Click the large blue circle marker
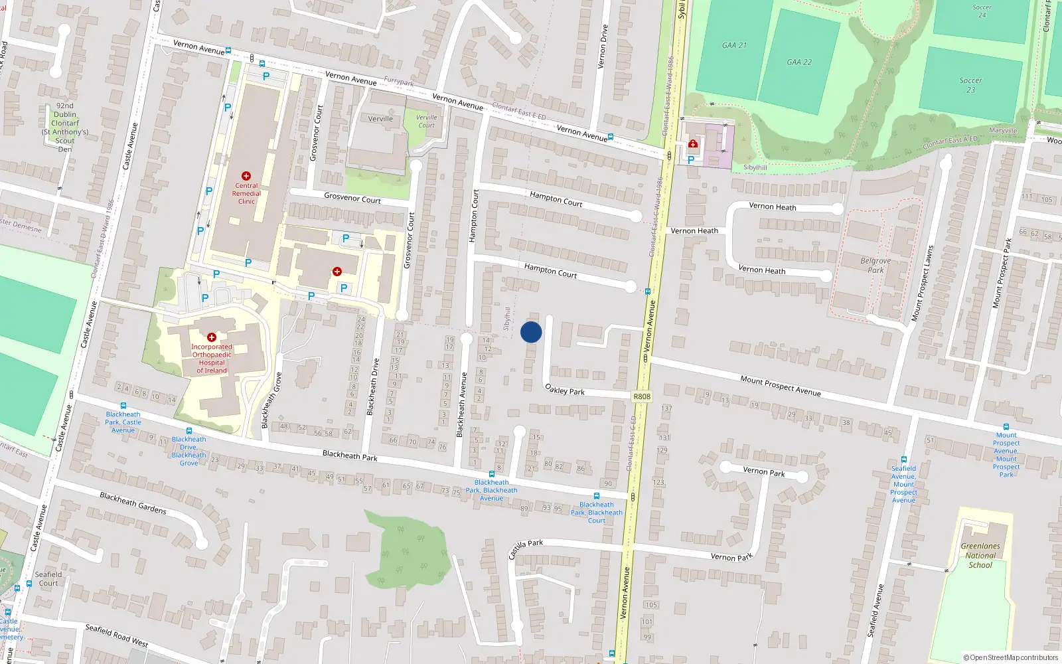tap(531, 332)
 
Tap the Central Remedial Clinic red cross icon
tap(246, 176)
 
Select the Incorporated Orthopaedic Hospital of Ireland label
tap(212, 359)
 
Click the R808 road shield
tap(642, 396)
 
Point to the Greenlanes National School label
tap(980, 556)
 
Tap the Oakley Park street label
tap(565, 390)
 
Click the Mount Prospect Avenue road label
tap(781, 386)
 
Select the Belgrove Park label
tap(875, 265)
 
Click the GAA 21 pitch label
tap(734, 45)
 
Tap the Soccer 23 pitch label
tap(970, 85)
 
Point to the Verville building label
tap(380, 119)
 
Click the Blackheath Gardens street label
tap(133, 503)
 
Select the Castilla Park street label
tap(526, 548)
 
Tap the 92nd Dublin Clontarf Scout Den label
tap(65, 127)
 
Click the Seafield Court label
tap(48, 579)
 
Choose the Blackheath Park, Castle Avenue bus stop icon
tap(123, 406)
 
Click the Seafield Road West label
tap(117, 635)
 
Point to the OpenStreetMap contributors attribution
tap(1011, 657)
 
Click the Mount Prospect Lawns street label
tap(923, 284)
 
